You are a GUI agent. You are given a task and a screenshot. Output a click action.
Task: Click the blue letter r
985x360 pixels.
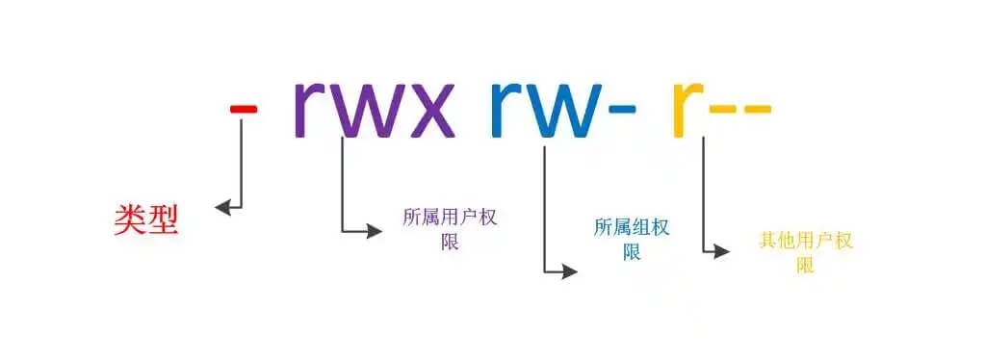click(507, 108)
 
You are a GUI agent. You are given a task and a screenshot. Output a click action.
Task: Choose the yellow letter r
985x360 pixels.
click(688, 108)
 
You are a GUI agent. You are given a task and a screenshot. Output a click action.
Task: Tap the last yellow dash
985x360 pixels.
click(756, 108)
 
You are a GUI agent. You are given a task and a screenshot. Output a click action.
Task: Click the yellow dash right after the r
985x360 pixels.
click(722, 108)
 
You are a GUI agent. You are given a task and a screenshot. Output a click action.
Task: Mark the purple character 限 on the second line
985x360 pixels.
click(450, 241)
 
